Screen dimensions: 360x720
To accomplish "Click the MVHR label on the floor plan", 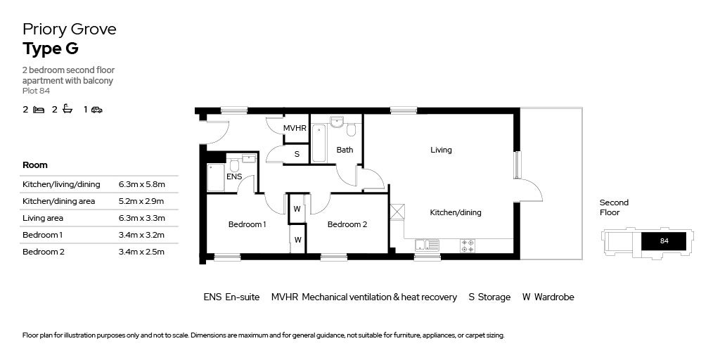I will [x=295, y=129].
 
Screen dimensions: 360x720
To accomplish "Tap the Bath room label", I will [x=345, y=150].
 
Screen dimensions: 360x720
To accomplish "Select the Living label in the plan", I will [x=441, y=150].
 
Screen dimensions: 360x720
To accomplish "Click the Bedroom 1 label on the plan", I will [x=247, y=224].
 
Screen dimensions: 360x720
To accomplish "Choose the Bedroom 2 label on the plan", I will [x=347, y=224].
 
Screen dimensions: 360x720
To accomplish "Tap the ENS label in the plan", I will [x=234, y=176].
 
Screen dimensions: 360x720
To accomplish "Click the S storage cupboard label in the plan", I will [x=297, y=154].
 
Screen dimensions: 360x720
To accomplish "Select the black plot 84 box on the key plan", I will [x=664, y=240].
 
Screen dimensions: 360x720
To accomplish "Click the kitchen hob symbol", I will [x=467, y=245].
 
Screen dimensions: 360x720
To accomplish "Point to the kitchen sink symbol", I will [x=427, y=245].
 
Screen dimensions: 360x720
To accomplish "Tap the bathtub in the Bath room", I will [x=319, y=143].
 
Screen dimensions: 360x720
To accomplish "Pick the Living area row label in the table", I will [x=43, y=218].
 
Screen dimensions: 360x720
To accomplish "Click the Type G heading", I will [x=50, y=49].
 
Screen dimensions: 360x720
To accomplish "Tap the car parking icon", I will [x=97, y=110].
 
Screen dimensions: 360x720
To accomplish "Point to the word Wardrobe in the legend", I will [x=554, y=297].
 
